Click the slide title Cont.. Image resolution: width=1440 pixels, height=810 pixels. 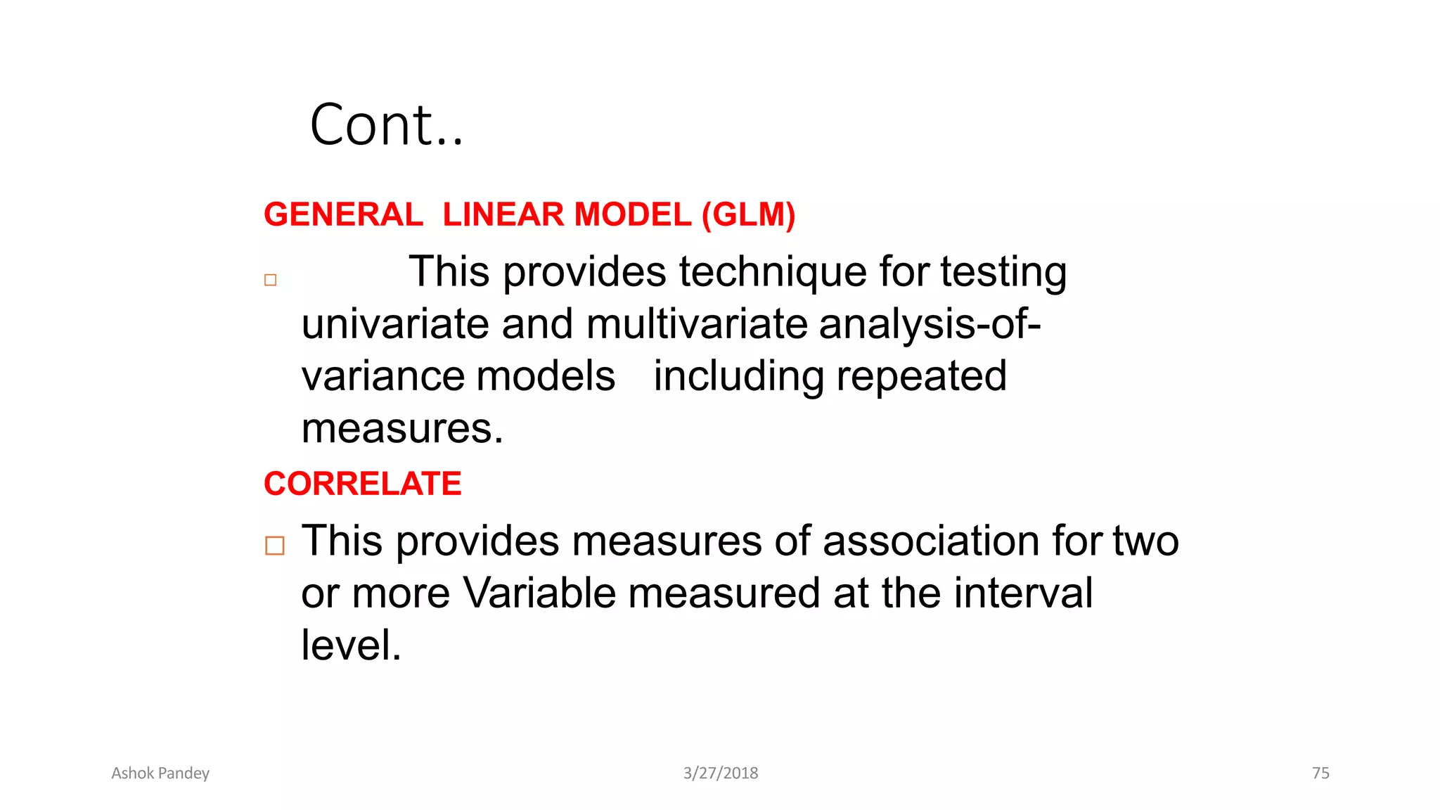(386, 125)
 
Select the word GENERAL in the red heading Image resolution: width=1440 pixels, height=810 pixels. (343, 214)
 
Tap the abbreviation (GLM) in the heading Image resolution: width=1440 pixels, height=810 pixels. (748, 214)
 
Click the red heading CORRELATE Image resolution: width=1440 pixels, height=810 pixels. (362, 484)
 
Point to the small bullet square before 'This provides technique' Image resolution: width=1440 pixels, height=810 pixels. (271, 280)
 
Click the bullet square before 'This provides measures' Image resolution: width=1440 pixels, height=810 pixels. (275, 546)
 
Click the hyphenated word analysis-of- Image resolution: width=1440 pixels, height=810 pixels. (930, 324)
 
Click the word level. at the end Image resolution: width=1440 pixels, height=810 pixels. (351, 645)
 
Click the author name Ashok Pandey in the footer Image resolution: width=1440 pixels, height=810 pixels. (160, 773)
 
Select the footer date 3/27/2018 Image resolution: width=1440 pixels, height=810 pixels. (721, 773)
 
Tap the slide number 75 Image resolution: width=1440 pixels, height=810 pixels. (1320, 773)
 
